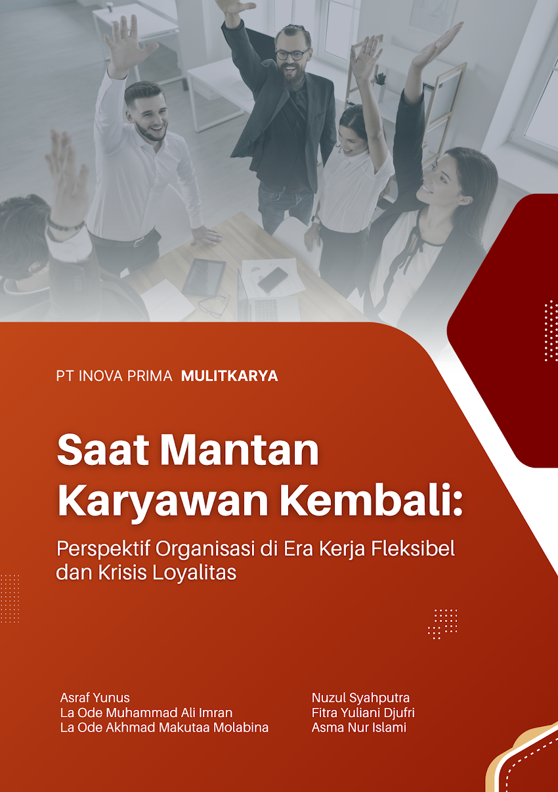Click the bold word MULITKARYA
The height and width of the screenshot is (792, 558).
pyautogui.click(x=229, y=376)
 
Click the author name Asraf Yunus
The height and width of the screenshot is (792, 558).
pyautogui.click(x=95, y=697)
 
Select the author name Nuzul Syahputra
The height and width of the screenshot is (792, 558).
pyautogui.click(x=360, y=697)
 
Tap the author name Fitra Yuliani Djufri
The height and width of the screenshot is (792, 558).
pyautogui.click(x=363, y=713)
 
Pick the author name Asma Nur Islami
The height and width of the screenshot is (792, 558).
pyautogui.click(x=358, y=728)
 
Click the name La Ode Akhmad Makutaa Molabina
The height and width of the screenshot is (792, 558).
pyautogui.click(x=164, y=728)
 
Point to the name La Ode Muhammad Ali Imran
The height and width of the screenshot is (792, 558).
pyautogui.click(x=146, y=713)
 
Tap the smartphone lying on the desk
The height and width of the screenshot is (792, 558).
pyautogui.click(x=272, y=280)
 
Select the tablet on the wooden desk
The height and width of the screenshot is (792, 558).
pyautogui.click(x=204, y=276)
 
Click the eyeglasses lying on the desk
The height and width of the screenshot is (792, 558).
pyautogui.click(x=213, y=305)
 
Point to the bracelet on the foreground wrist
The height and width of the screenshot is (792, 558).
pyautogui.click(x=66, y=225)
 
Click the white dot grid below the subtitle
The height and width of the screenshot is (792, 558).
pyautogui.click(x=443, y=623)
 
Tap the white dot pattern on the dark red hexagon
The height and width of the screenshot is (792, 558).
pyautogui.click(x=551, y=331)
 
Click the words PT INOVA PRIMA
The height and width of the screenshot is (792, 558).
pyautogui.click(x=114, y=376)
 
